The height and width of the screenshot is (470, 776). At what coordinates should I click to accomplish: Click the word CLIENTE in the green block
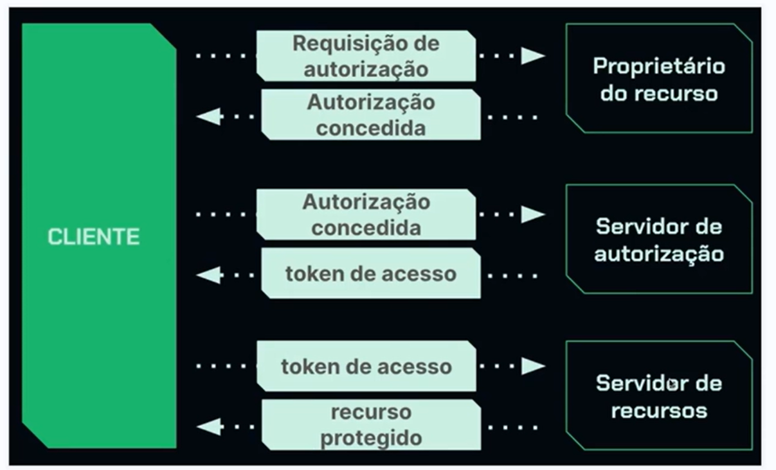tap(94, 237)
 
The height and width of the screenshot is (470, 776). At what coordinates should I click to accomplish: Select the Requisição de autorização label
tap(366, 56)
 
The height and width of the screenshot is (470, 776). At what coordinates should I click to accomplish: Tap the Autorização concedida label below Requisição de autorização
tap(370, 115)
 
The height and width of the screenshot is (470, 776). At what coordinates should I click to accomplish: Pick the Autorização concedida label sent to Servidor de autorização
tap(366, 214)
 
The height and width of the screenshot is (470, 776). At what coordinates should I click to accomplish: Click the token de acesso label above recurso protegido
tap(366, 367)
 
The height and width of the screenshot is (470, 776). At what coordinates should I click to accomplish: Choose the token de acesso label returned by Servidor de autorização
tap(370, 274)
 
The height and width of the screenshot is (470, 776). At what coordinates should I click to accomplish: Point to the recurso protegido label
tap(371, 424)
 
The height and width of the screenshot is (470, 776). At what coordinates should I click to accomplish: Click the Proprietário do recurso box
tap(658, 79)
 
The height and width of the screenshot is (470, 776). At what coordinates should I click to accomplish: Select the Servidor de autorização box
tap(658, 239)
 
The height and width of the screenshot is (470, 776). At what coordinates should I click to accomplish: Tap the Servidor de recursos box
tap(658, 396)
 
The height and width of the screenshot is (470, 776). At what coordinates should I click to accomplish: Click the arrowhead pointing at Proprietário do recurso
tap(533, 56)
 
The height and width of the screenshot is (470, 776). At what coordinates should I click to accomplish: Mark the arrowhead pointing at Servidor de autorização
tap(533, 214)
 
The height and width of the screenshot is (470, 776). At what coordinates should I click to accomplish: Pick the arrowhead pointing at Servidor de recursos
tap(533, 366)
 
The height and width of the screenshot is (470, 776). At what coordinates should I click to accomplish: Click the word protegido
tap(371, 438)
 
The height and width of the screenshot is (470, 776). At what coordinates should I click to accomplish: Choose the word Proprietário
tap(658, 66)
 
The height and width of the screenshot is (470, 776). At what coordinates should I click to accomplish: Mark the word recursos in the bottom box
tap(658, 410)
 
